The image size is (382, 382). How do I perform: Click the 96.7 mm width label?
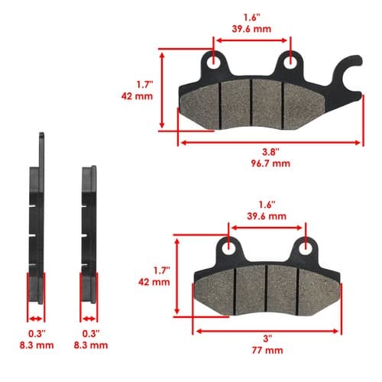[x=270, y=163]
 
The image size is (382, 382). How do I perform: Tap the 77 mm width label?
[x=267, y=351]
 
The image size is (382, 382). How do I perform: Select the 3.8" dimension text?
[x=270, y=152]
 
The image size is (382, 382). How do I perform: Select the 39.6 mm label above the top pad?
[x=251, y=29]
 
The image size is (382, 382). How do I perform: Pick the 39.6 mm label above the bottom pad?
[x=267, y=216]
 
